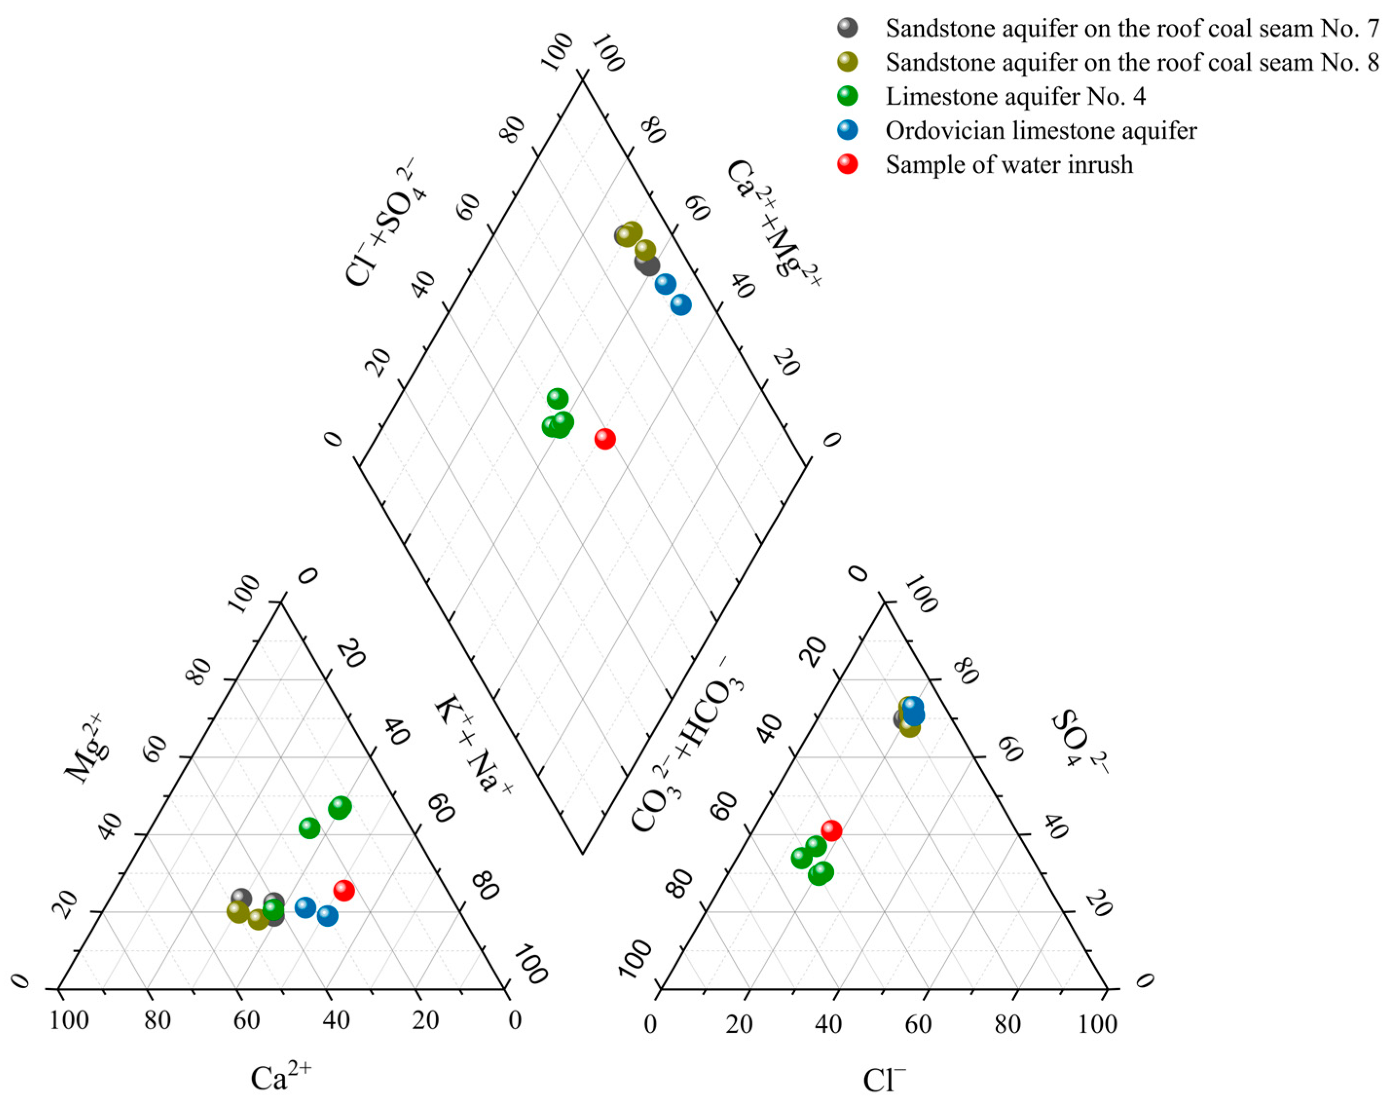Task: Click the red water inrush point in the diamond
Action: (x=604, y=439)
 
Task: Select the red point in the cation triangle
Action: (x=344, y=890)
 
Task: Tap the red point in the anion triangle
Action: (x=831, y=831)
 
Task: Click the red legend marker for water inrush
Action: (x=847, y=164)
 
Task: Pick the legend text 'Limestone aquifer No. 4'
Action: (x=1015, y=97)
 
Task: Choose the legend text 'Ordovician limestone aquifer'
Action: (x=1041, y=131)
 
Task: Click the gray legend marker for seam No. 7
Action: (x=847, y=28)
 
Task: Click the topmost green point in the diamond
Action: (x=557, y=398)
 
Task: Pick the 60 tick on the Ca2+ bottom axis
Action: (x=246, y=1020)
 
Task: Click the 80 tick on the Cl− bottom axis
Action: (x=1007, y=1024)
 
